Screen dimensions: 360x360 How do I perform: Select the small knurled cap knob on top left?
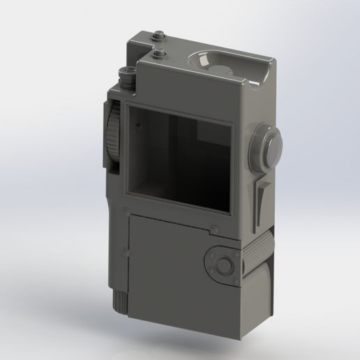[127, 75]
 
